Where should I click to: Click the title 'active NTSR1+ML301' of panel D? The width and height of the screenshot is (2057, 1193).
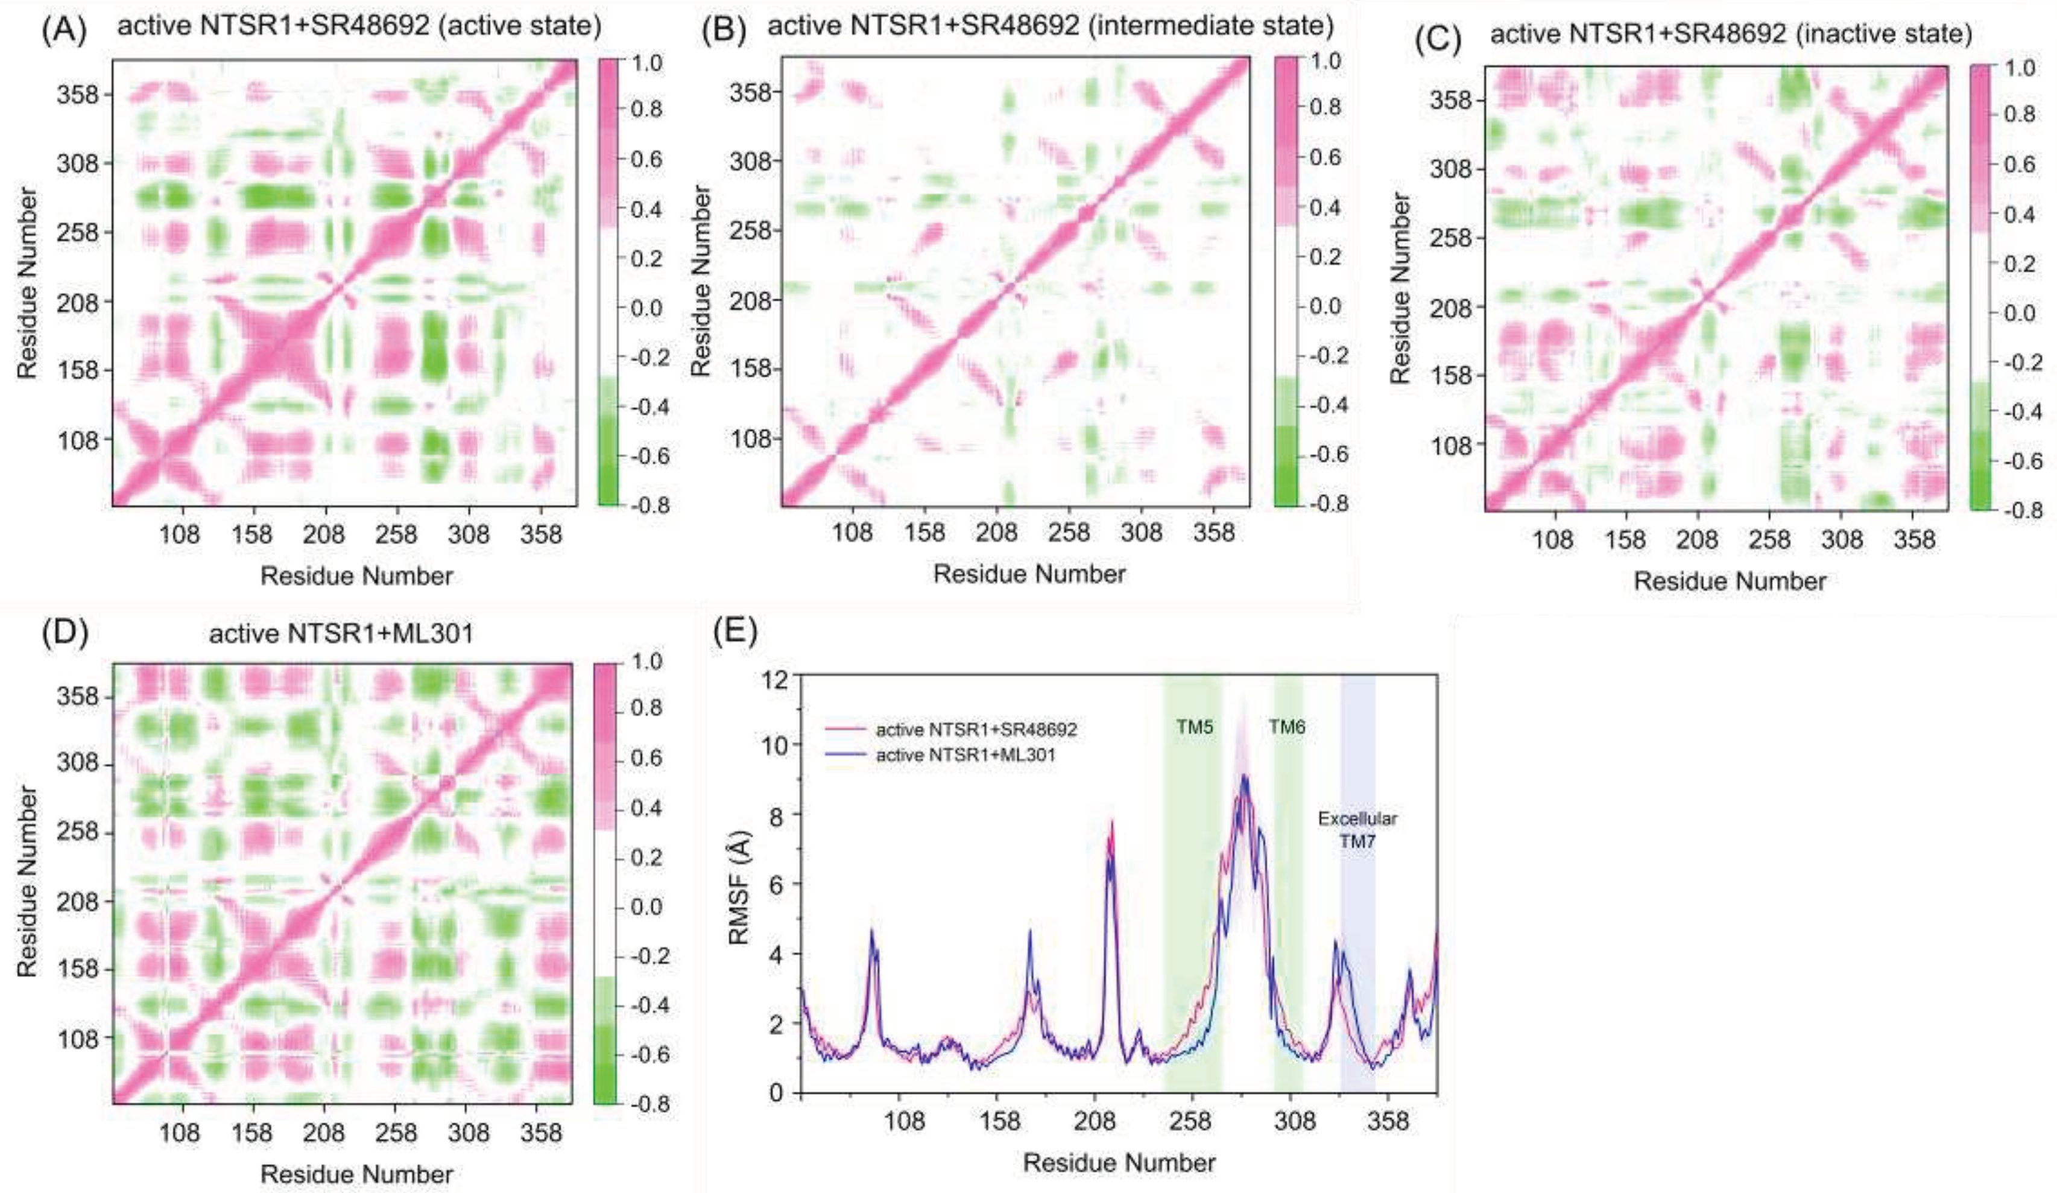(341, 634)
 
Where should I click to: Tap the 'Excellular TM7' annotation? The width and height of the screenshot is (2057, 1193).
(1357, 829)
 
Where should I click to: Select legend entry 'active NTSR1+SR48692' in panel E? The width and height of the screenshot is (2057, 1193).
(976, 729)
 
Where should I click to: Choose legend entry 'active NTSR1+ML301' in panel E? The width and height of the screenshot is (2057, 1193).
(965, 755)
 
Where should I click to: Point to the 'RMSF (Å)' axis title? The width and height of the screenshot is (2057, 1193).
(739, 884)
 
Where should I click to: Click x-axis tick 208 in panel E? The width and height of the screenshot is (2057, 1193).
(1095, 1121)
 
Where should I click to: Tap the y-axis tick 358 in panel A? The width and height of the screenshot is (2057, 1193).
(78, 95)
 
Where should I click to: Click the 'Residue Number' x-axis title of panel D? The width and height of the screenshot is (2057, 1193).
(357, 1174)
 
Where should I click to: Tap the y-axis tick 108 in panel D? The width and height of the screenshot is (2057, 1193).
(78, 1039)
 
